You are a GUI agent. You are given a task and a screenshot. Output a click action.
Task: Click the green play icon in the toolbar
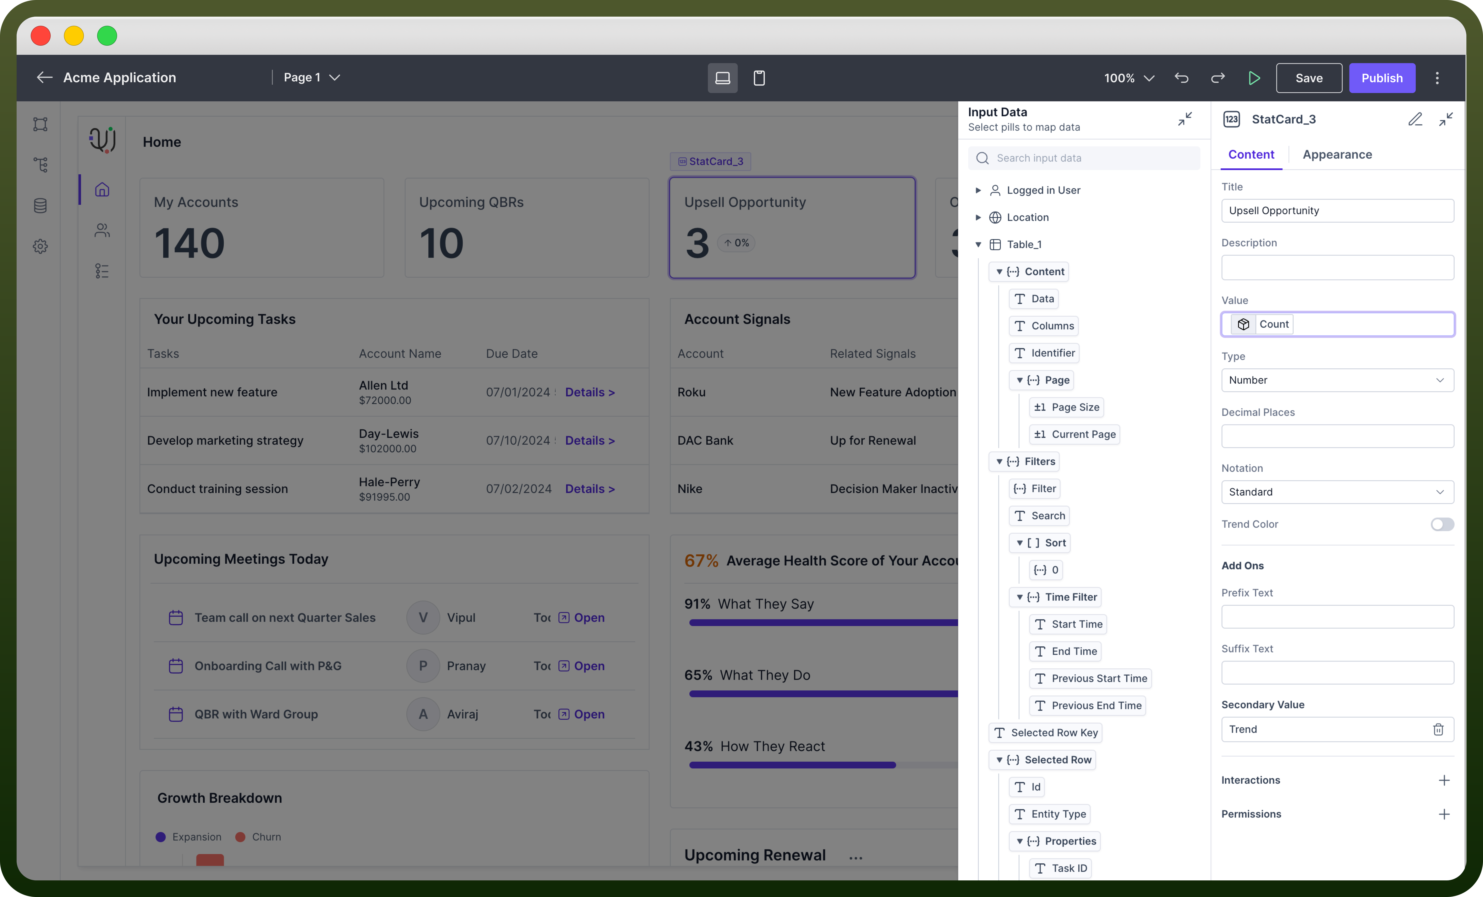1254,78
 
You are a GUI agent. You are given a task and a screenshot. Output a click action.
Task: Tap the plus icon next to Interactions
1444,780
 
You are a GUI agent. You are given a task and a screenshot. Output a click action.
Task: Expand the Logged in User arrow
978,190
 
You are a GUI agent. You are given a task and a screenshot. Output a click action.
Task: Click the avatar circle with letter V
423,618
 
